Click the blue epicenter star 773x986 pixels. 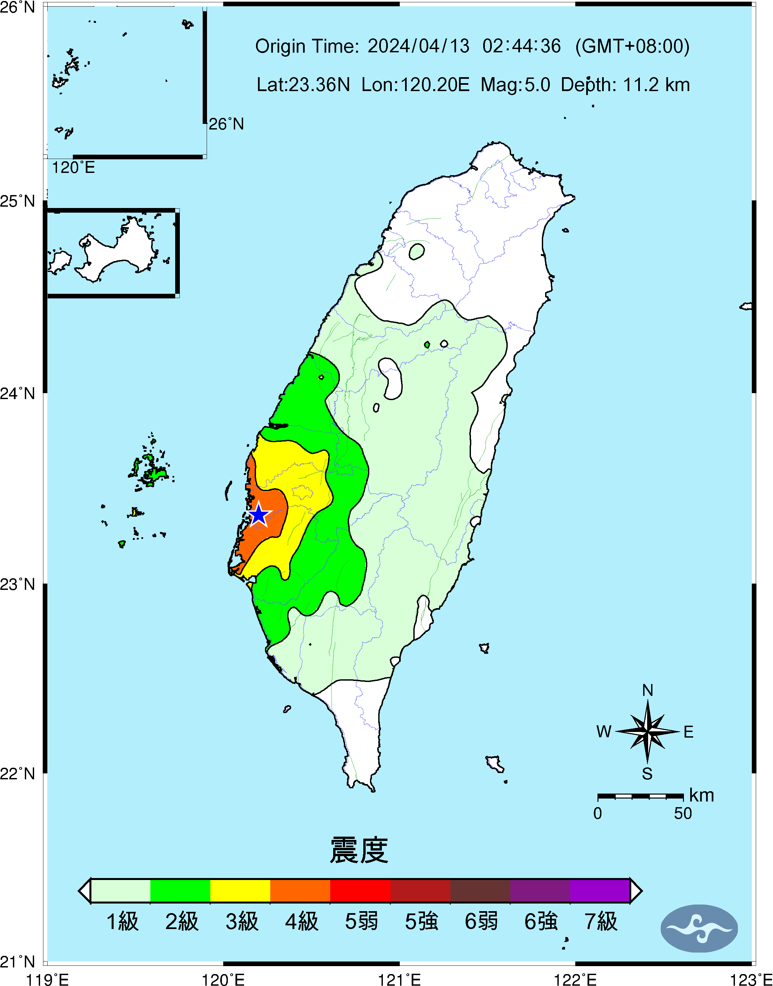258,515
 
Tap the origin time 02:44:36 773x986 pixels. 521,46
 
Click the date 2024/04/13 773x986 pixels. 418,46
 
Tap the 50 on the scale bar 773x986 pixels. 683,813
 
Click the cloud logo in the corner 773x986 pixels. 699,928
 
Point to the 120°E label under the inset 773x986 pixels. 73,168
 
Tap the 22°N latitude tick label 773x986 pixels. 17,774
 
